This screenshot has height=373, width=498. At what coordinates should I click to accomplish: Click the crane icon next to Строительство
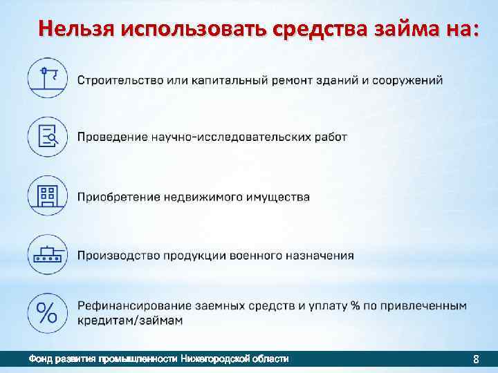tap(47, 77)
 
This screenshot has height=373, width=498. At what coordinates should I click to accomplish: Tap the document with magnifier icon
tap(47, 136)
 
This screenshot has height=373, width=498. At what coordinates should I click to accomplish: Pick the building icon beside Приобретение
tap(47, 195)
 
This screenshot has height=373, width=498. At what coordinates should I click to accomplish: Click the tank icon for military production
tap(47, 255)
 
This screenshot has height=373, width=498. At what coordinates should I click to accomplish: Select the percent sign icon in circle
tap(47, 313)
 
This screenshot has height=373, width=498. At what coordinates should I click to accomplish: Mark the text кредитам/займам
tap(130, 321)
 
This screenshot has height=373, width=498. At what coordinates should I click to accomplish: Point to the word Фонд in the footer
tap(39, 359)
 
